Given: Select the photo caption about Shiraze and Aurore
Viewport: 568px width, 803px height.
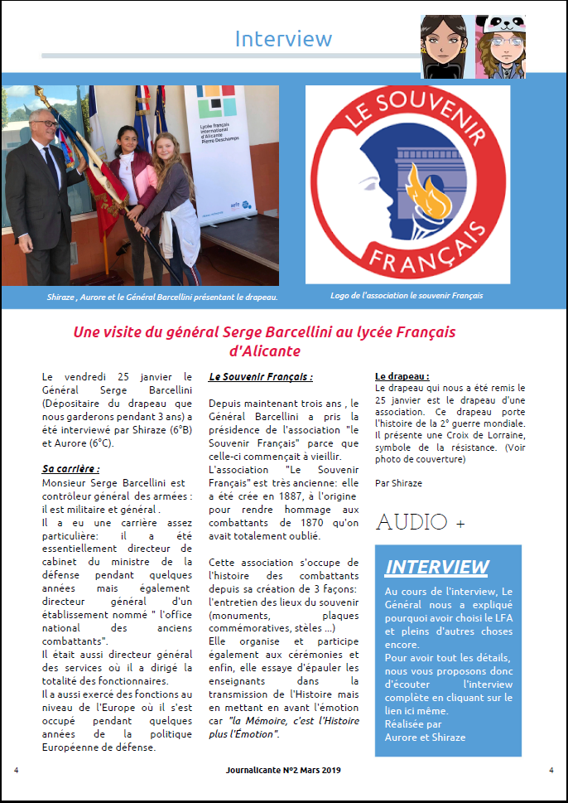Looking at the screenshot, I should click(x=161, y=297).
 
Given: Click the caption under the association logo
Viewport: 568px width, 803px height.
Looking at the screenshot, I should click(x=406, y=295).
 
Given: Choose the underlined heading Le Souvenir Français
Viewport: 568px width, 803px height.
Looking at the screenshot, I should click(x=261, y=376).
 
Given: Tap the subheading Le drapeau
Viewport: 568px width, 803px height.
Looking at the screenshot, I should click(x=402, y=375).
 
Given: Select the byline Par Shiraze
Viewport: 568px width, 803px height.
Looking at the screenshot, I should click(x=398, y=482).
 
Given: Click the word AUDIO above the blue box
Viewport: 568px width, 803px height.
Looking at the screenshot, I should click(x=412, y=522).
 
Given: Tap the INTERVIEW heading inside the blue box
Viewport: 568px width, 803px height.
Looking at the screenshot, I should click(x=436, y=567).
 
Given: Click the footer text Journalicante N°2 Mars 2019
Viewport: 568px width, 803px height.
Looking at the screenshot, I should click(x=282, y=770).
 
